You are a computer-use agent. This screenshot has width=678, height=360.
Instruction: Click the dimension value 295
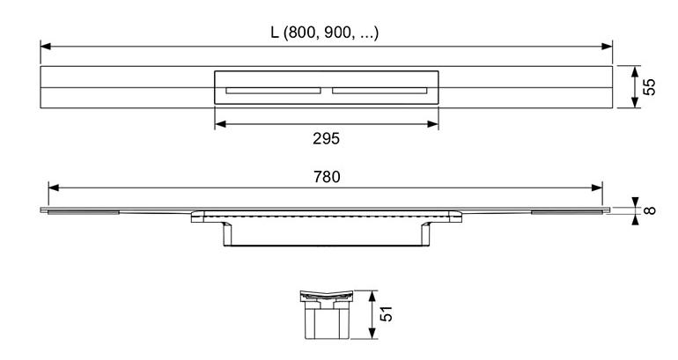coord(327,139)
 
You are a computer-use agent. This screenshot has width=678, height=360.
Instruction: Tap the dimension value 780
coord(327,177)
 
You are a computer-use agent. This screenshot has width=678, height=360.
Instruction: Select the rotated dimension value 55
coord(649,87)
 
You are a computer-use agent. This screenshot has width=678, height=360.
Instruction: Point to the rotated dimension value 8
coord(650,210)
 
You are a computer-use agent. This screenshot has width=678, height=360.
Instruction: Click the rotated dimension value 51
coord(387,313)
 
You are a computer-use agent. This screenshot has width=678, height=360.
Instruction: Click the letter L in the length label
coord(275,33)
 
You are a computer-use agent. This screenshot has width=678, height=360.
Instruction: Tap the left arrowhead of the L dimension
coord(46,47)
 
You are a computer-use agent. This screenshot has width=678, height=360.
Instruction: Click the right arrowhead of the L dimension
coord(607,47)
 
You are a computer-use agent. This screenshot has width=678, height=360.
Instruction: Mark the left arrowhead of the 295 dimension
coord(220,124)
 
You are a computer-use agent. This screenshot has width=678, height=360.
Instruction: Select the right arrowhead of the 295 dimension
coord(433,124)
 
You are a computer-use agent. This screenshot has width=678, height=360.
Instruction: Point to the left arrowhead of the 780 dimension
coord(54,187)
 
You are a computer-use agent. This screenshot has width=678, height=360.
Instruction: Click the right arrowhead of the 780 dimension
coord(597,187)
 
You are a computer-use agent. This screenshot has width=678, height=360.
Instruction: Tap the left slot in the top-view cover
coord(273,91)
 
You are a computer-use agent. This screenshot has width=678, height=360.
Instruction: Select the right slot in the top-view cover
coord(380,91)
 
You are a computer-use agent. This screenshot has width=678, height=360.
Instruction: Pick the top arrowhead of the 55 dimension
coord(635,72)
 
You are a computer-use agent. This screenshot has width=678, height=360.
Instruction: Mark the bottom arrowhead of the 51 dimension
coord(372,334)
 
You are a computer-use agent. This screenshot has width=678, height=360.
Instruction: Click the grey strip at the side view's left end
coord(83,212)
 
